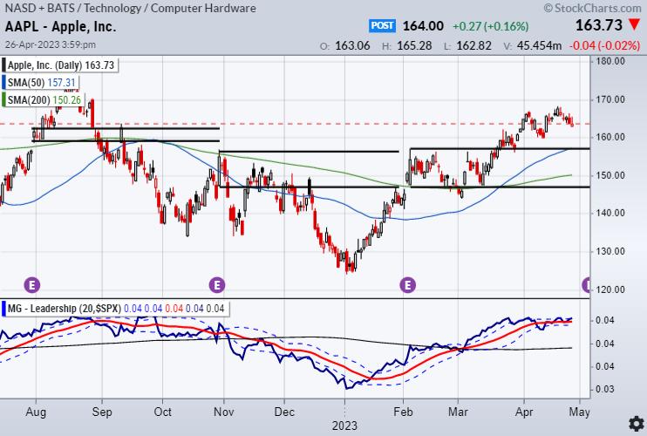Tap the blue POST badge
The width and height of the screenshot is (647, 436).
(383, 26)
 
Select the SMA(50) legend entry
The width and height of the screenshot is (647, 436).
(43, 83)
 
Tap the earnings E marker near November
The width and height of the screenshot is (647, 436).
(217, 284)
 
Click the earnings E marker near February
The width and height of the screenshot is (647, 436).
(407, 284)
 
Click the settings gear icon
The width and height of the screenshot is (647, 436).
(636, 424)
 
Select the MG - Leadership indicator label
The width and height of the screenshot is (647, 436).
(52, 309)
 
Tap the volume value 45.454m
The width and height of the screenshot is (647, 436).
(539, 45)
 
